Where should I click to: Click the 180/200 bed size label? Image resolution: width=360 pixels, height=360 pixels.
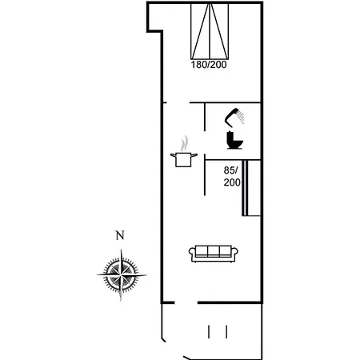(x=209, y=65)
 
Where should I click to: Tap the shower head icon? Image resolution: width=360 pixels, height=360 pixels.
(x=237, y=118)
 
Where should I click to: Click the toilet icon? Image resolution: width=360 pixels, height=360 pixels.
(x=234, y=141)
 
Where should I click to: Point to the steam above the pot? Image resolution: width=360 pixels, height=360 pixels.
(x=185, y=145)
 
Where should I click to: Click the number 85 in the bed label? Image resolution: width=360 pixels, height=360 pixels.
(x=230, y=170)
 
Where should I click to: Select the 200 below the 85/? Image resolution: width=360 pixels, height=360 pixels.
(x=232, y=182)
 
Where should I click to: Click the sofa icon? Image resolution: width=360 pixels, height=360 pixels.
(x=212, y=253)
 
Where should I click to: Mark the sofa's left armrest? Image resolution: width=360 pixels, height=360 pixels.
(x=192, y=254)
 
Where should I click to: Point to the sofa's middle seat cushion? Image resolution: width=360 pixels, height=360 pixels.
(x=212, y=252)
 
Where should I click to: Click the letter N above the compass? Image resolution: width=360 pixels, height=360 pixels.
(x=120, y=235)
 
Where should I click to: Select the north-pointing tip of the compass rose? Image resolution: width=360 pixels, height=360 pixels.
(x=122, y=250)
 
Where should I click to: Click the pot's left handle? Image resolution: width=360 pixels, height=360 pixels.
(x=173, y=157)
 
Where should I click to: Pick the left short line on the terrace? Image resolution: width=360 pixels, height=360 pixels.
(x=209, y=331)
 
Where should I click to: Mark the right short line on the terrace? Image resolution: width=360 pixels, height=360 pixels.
(x=227, y=331)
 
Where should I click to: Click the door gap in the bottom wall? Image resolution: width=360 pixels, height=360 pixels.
(x=186, y=302)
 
